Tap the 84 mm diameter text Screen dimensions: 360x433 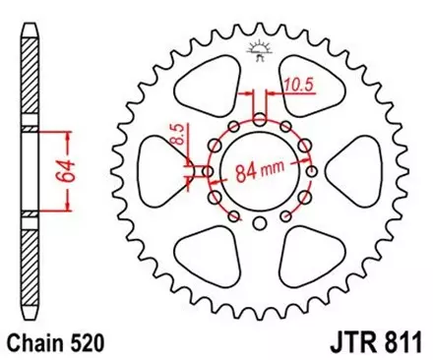(259, 173)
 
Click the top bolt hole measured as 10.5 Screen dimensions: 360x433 (258, 119)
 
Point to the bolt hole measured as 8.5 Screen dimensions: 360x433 (206, 172)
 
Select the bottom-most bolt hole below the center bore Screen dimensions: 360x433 (258, 226)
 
